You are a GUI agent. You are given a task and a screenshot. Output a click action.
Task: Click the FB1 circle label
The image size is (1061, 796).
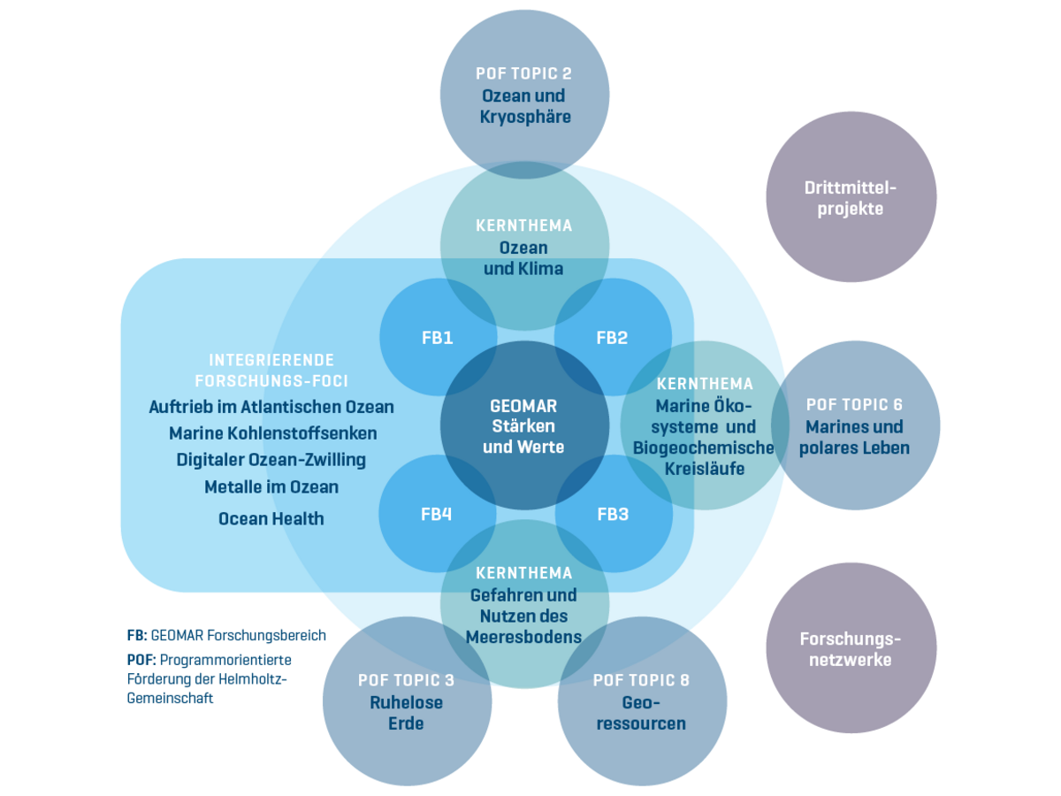(437, 337)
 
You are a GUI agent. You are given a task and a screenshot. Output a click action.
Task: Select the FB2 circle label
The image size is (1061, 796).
(612, 337)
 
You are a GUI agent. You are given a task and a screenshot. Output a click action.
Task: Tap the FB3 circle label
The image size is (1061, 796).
(613, 514)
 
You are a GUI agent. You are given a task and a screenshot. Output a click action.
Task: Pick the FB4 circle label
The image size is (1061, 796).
(437, 514)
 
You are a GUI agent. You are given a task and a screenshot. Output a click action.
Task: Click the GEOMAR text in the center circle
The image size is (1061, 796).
(523, 406)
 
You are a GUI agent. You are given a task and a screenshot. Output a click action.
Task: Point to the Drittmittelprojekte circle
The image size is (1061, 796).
(851, 198)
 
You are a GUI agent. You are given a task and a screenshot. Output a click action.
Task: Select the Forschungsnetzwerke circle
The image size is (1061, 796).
(851, 648)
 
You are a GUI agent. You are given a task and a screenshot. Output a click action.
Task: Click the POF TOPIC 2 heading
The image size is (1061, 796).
(524, 73)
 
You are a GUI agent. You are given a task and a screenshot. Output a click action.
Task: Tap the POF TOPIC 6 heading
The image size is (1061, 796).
(854, 404)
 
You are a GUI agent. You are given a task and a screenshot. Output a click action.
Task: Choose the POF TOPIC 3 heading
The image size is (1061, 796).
(406, 680)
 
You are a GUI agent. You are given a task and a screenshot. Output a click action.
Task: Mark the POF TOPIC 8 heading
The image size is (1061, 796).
(641, 680)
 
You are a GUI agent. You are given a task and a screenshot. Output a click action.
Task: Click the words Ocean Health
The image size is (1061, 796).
(271, 519)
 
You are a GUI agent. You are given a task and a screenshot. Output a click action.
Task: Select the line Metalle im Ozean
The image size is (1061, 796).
(271, 486)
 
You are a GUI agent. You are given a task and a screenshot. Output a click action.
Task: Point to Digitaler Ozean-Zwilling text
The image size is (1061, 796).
(271, 460)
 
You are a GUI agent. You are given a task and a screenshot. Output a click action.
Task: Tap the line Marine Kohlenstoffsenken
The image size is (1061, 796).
(272, 433)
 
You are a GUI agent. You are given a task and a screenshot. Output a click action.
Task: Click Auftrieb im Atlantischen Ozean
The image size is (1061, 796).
(271, 407)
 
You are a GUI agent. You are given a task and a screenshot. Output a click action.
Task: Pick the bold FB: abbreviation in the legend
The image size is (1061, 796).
(137, 635)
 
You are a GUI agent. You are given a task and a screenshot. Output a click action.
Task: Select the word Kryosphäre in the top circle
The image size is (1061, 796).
(524, 117)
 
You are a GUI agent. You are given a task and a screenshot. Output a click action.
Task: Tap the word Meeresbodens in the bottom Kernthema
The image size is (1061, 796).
(524, 637)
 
